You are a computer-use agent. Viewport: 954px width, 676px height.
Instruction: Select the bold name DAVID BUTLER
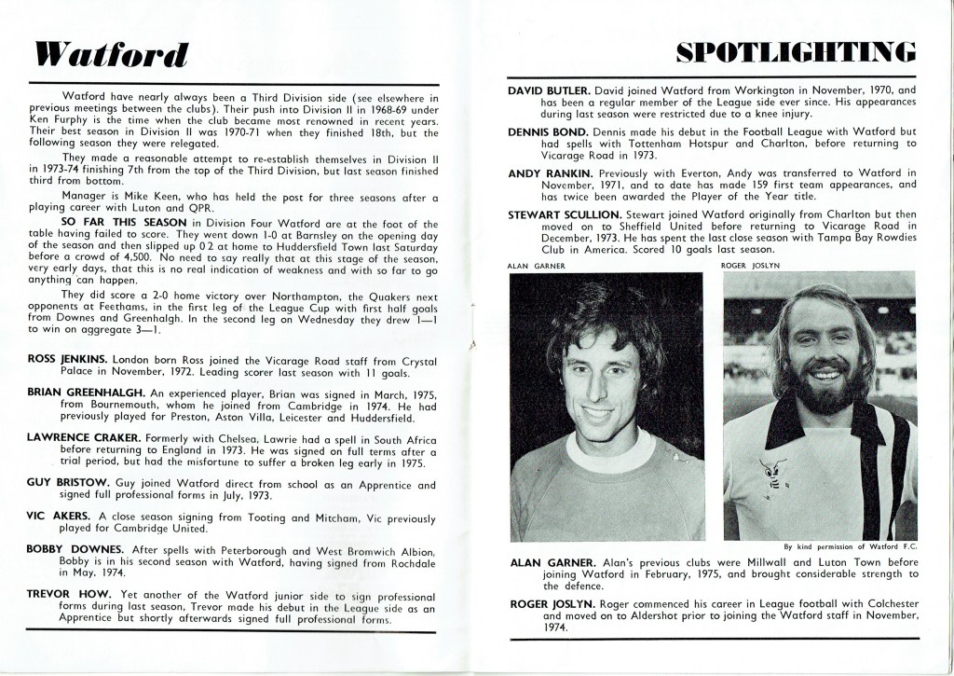(x=549, y=90)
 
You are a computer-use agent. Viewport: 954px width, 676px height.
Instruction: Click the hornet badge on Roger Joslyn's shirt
(x=771, y=472)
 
